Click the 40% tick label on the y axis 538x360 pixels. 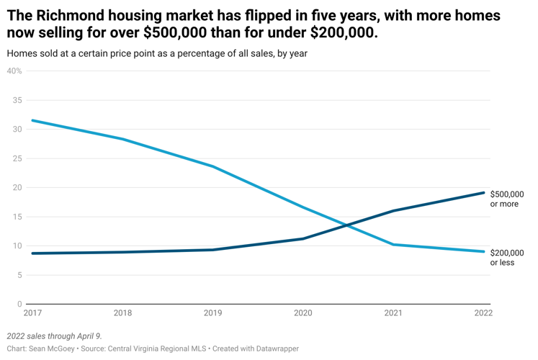coord(14,71)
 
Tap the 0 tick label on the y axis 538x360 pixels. coord(19,304)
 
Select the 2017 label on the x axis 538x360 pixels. coord(32,313)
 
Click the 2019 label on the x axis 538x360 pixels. coord(212,313)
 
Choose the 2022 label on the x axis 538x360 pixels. coord(482,313)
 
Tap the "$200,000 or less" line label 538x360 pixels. coord(507,257)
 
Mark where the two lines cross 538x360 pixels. coord(347,225)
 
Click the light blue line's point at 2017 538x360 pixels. coord(32,120)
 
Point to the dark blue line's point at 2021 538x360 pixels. coord(393,211)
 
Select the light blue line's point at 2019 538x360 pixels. coord(212,166)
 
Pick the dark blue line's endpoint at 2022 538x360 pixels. coord(483,192)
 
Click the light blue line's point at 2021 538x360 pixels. coord(393,244)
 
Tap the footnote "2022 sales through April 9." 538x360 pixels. coord(54,336)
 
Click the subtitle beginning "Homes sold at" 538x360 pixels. coord(157,54)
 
